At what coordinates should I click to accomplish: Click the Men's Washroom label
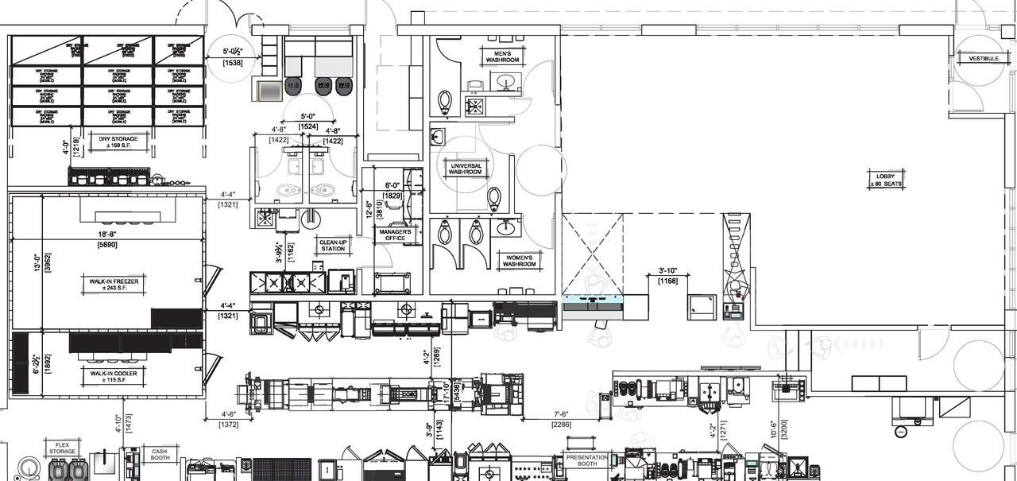pyautogui.click(x=501, y=56)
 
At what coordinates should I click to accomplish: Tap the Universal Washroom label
pyautogui.click(x=465, y=169)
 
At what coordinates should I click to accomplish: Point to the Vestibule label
pyautogui.click(x=977, y=58)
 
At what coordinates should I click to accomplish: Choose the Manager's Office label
pyautogui.click(x=394, y=235)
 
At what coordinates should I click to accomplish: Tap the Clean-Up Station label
pyautogui.click(x=333, y=245)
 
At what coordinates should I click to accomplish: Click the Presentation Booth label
pyautogui.click(x=586, y=461)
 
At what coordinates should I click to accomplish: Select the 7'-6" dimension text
pyautogui.click(x=560, y=413)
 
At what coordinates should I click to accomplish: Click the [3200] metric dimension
pyautogui.click(x=783, y=440)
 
